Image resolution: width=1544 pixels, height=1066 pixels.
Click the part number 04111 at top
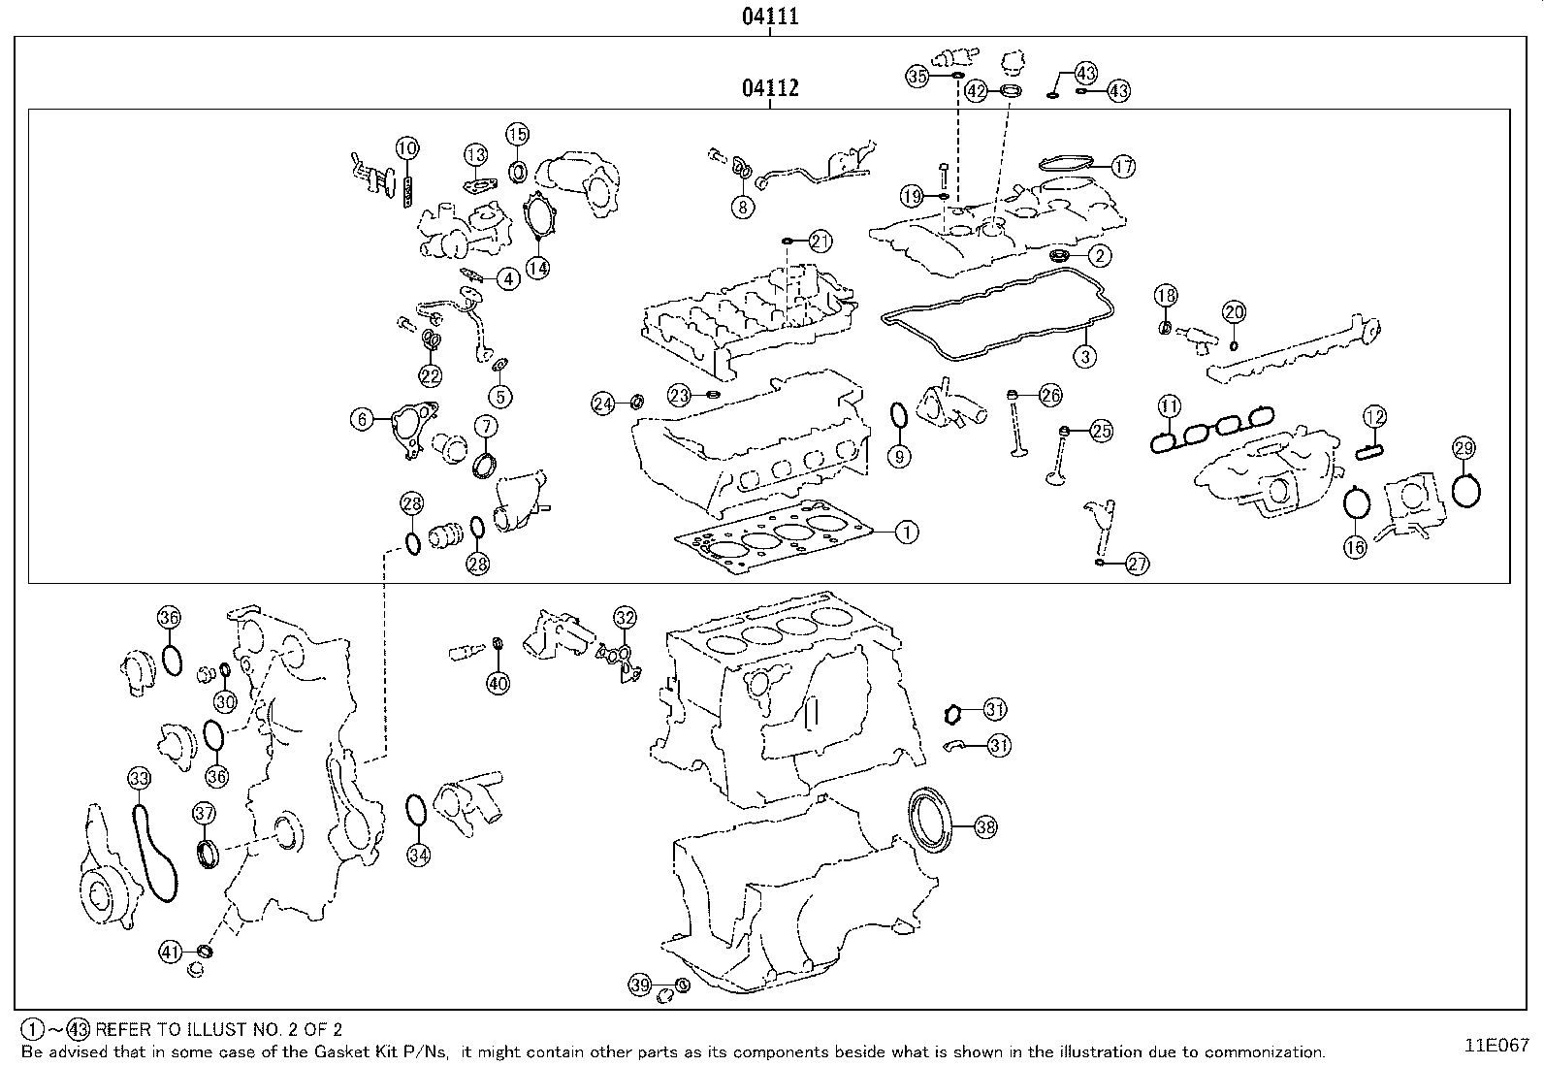(770, 16)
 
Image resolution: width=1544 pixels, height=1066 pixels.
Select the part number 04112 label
(770, 88)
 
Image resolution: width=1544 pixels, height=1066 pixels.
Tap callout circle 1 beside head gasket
(906, 532)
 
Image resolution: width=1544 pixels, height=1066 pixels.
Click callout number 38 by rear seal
(985, 827)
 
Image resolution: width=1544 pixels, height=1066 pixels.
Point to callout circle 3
(1085, 356)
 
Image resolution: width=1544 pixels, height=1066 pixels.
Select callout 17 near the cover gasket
(1122, 167)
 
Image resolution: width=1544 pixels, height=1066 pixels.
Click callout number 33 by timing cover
(140, 778)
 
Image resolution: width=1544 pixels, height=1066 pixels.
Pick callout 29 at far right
(1464, 448)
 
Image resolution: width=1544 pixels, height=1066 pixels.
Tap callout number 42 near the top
(977, 91)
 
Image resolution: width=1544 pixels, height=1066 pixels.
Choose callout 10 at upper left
(407, 148)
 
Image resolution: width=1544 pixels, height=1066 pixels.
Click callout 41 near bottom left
(171, 953)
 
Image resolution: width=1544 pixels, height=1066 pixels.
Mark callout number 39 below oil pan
(639, 985)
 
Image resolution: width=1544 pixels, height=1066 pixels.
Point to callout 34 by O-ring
(418, 855)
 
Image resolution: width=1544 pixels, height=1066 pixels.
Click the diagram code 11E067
(1496, 1046)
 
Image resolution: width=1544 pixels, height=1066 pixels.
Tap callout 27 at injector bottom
(1137, 565)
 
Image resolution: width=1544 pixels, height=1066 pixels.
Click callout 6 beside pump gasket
(362, 419)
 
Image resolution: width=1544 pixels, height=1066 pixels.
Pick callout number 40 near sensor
(498, 683)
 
